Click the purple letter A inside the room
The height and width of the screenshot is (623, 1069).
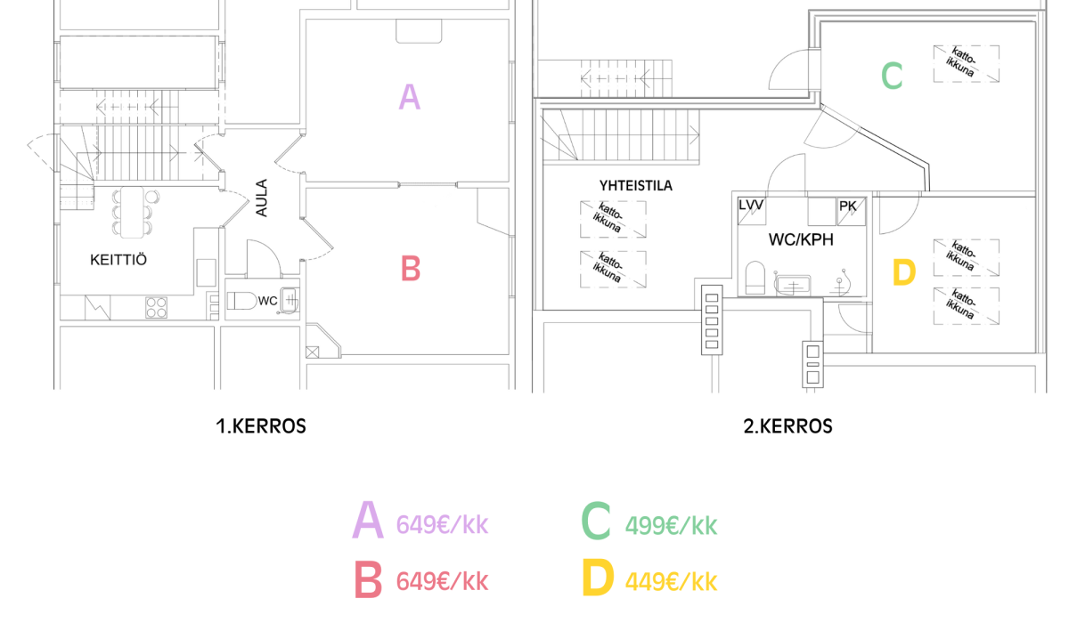point(410,97)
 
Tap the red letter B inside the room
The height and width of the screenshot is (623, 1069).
point(411,269)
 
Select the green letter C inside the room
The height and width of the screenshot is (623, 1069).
point(892,76)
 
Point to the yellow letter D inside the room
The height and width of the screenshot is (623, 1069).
point(904,272)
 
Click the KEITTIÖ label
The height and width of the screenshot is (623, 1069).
point(118,260)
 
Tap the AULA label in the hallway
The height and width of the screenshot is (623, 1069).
point(262,198)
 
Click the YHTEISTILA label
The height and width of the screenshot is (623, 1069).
point(636,185)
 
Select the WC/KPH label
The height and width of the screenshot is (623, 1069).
point(801,239)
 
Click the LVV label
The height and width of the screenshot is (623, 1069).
point(751,206)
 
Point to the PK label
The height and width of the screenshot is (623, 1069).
point(847,206)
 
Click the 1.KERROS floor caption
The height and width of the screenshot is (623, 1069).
point(260,426)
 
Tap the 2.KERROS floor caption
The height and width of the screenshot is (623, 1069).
point(787,426)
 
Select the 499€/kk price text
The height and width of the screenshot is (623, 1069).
point(671,526)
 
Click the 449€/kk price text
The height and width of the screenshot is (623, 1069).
point(671,581)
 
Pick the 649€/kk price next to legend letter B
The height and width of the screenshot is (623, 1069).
point(443,581)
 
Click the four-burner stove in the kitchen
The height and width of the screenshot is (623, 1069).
point(157,307)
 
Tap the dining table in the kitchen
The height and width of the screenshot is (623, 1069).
point(132,213)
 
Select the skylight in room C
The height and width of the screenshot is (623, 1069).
point(967,64)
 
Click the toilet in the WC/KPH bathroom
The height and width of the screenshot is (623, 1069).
point(755,278)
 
